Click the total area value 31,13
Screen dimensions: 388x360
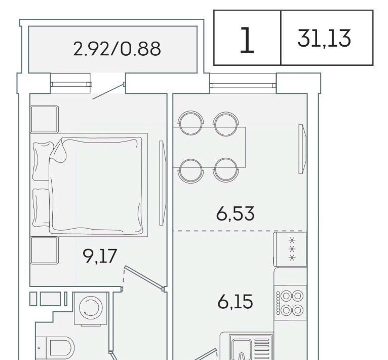pyautogui.click(x=324, y=38)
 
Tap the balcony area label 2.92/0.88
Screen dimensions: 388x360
pyautogui.click(x=117, y=49)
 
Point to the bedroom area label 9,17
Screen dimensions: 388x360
pyautogui.click(x=100, y=257)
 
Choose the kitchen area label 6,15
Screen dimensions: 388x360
pyautogui.click(x=235, y=302)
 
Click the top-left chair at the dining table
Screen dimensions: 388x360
pyautogui.click(x=191, y=123)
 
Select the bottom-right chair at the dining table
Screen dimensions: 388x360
pyautogui.click(x=226, y=170)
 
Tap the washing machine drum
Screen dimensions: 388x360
pyautogui.click(x=91, y=308)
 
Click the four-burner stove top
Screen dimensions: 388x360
pyautogui.click(x=291, y=303)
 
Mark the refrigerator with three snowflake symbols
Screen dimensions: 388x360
pyautogui.click(x=290, y=249)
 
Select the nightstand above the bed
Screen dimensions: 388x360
pyautogui.click(x=45, y=119)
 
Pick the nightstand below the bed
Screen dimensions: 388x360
pyautogui.click(x=45, y=250)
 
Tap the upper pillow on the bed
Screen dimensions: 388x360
pyautogui.click(x=43, y=161)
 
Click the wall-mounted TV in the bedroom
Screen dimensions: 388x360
pyautogui.click(x=162, y=183)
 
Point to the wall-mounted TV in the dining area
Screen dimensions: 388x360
pyautogui.click(x=302, y=149)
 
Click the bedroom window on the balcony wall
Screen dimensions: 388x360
pyautogui.click(x=71, y=84)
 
